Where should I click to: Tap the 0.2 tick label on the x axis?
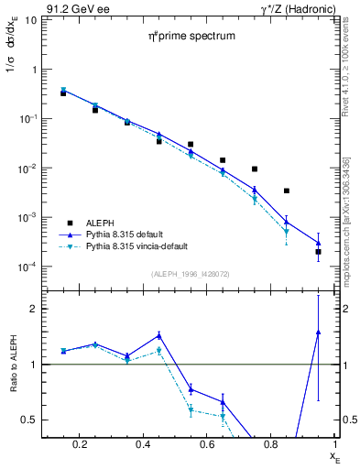click(83, 444)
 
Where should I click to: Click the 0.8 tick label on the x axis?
click(273, 444)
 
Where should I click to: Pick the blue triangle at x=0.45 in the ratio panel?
click(158, 335)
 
